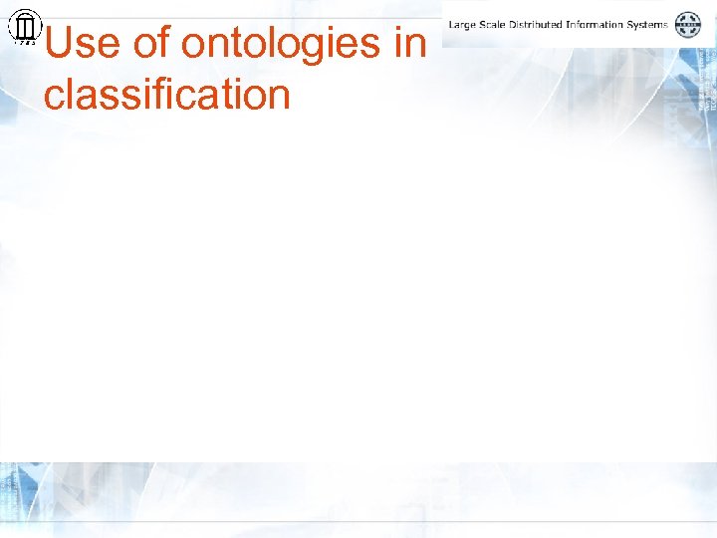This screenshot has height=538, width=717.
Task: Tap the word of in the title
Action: click(151, 44)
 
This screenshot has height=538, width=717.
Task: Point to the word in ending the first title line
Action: click(413, 44)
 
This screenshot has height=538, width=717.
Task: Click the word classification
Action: click(166, 95)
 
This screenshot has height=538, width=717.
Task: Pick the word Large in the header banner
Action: click(463, 24)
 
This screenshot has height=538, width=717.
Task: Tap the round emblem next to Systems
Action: click(688, 24)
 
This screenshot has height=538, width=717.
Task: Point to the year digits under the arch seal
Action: click(24, 43)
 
